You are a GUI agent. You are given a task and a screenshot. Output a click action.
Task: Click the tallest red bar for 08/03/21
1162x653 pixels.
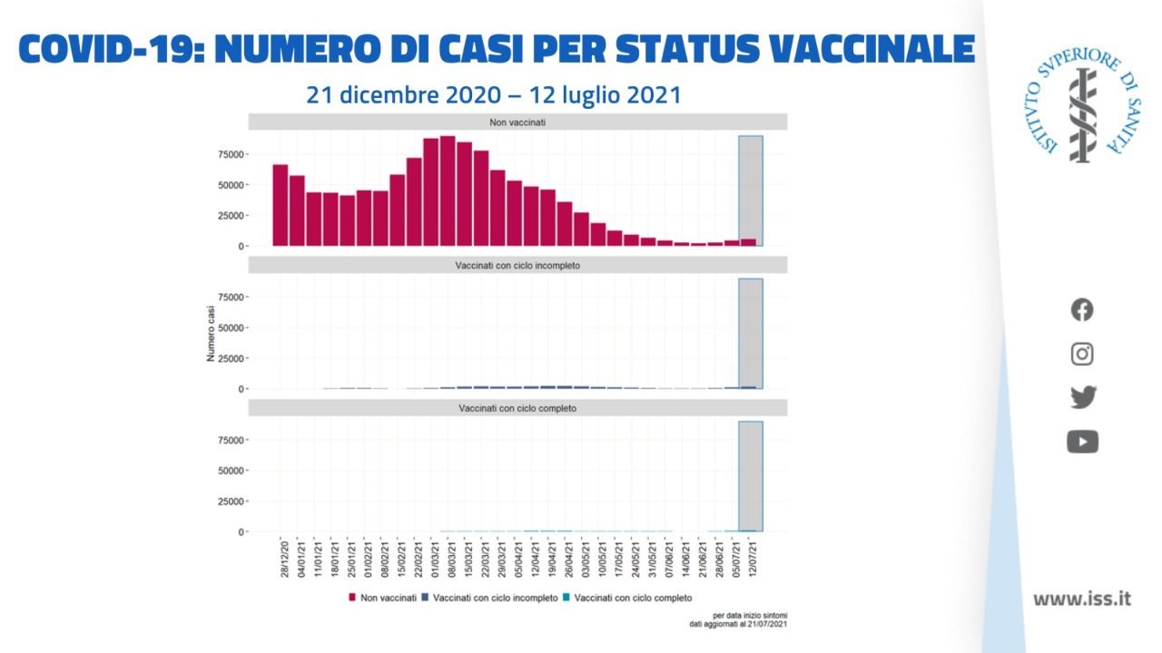coord(448,191)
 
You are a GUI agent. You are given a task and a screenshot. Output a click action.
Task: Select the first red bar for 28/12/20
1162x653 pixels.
coord(281,205)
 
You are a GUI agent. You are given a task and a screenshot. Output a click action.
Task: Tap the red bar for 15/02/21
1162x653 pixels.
coord(398,210)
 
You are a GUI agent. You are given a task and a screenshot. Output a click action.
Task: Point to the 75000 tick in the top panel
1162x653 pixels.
coord(231,154)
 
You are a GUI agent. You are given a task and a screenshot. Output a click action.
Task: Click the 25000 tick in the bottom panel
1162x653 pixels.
coord(231,502)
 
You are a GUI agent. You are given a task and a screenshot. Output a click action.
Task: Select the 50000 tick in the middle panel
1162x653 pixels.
coord(231,327)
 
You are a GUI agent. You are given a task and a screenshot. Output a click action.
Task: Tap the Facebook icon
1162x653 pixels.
coord(1082,310)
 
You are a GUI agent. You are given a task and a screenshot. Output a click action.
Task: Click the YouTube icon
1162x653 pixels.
coord(1082,442)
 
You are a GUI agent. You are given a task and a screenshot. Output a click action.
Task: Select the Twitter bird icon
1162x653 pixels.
coord(1082,397)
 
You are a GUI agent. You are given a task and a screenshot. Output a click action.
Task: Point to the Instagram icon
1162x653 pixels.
coord(1082,354)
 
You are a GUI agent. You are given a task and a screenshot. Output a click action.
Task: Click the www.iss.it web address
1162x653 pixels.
coord(1082,599)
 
